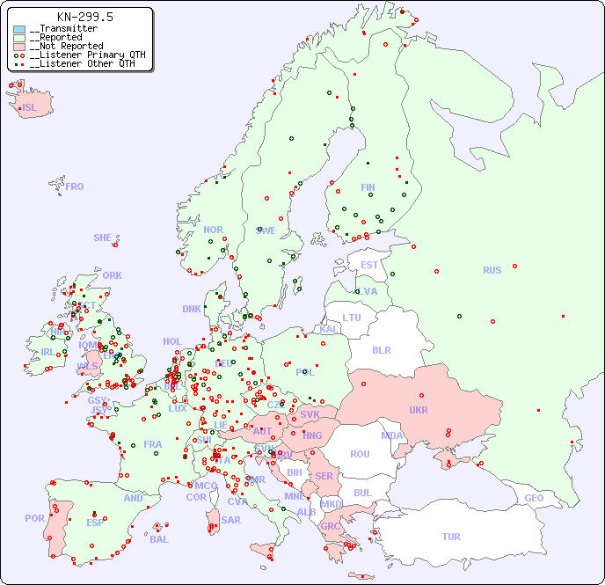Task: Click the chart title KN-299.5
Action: [x=84, y=17]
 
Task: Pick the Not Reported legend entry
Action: [x=66, y=46]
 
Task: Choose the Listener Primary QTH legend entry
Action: [x=82, y=55]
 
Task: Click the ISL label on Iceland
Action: [x=29, y=108]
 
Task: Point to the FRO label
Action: [x=75, y=186]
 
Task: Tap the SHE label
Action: [x=103, y=238]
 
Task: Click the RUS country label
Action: [x=492, y=270]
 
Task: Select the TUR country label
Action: [x=451, y=537]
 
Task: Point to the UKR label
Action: [x=419, y=410]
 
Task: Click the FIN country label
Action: [x=368, y=187]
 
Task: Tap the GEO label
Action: [x=534, y=498]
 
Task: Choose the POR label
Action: [x=34, y=518]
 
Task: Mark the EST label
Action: [x=369, y=265]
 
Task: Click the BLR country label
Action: [x=381, y=349]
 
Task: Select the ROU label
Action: [x=360, y=454]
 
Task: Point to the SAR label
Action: [x=231, y=520]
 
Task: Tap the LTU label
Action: [x=352, y=318]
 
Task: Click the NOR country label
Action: [x=213, y=230]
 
